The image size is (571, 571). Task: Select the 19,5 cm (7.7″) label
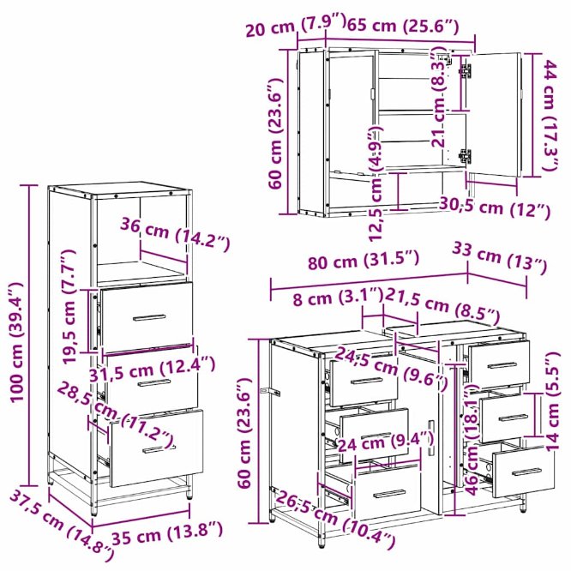(x=69, y=307)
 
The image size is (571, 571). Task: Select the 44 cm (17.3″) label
(x=550, y=116)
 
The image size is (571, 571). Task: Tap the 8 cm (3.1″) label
(x=339, y=298)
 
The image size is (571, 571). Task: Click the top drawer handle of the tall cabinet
(x=149, y=317)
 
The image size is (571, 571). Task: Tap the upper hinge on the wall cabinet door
(x=466, y=70)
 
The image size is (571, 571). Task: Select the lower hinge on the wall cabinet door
(x=465, y=156)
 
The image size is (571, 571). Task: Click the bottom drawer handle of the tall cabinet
(x=159, y=449)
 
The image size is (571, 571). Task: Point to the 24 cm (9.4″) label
(x=386, y=442)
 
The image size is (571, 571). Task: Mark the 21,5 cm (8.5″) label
(x=442, y=306)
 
